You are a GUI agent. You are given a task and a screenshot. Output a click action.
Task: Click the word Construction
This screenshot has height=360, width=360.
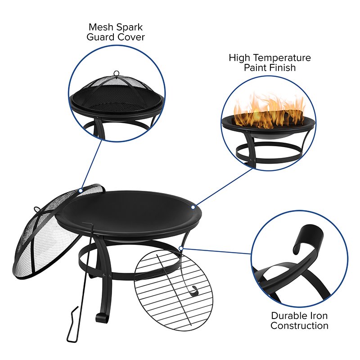(299, 326)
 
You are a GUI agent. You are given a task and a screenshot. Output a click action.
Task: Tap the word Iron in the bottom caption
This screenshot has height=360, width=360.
(319, 315)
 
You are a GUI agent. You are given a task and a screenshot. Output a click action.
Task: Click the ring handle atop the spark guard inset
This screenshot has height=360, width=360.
(117, 73)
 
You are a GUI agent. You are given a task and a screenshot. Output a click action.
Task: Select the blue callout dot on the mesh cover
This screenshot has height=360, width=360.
(81, 190)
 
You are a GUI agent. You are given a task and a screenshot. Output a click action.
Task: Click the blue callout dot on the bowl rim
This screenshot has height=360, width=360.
(193, 207)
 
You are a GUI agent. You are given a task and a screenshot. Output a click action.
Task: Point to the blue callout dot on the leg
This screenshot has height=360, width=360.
(180, 247)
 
